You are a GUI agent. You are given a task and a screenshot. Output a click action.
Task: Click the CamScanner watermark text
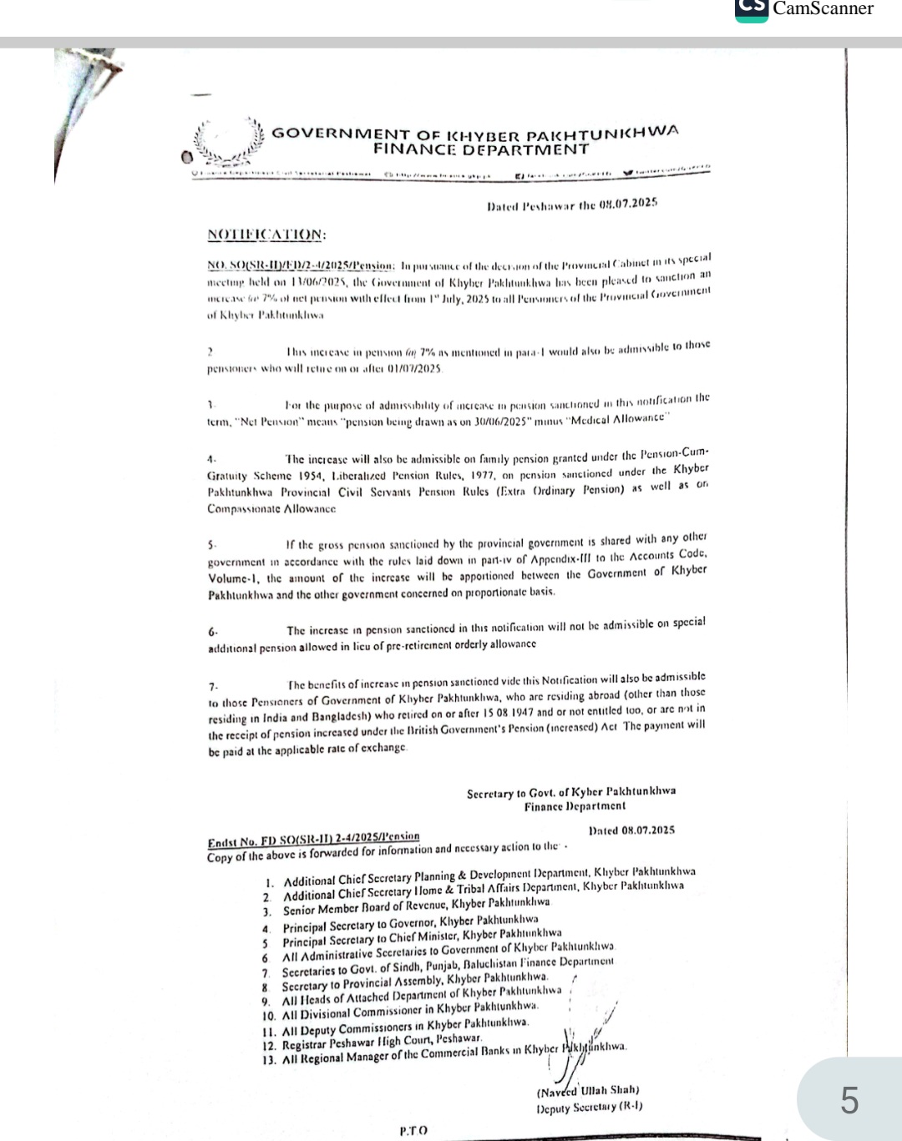coord(822,8)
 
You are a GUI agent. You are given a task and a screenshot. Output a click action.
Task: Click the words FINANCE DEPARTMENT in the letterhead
coord(480,150)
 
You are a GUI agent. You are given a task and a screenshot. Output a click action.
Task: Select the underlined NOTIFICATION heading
coord(266,235)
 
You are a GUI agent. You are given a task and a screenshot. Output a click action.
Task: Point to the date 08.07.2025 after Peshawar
coord(628,203)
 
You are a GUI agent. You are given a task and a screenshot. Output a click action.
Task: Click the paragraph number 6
coord(212,633)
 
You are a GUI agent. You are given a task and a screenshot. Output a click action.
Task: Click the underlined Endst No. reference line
coord(313,837)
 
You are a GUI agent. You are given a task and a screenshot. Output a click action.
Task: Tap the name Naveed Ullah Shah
coord(588,1090)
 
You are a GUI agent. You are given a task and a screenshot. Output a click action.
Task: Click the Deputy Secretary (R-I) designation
coord(590,1108)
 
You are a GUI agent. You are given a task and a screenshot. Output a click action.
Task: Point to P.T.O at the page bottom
coord(413,1130)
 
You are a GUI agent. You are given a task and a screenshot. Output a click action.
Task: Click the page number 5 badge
coord(849,1101)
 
